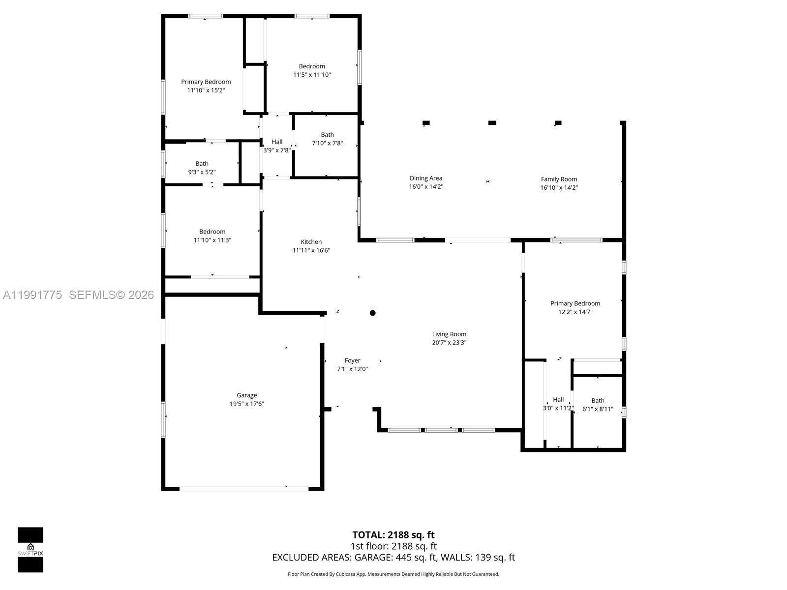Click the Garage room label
pyautogui.click(x=246, y=395)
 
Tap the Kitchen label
pyautogui.click(x=311, y=242)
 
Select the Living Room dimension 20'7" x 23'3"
pyautogui.click(x=449, y=343)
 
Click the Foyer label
pyautogui.click(x=352, y=361)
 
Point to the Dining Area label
pyautogui.click(x=425, y=178)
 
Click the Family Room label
pyautogui.click(x=559, y=179)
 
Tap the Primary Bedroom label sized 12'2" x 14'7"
pyautogui.click(x=575, y=304)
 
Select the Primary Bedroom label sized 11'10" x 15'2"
pyautogui.click(x=206, y=82)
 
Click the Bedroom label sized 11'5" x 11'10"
pyautogui.click(x=312, y=66)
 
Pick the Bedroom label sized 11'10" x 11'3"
pyautogui.click(x=212, y=232)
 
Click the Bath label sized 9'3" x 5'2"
pyautogui.click(x=202, y=164)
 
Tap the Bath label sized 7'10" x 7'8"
pyautogui.click(x=327, y=135)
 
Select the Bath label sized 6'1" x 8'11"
pyautogui.click(x=598, y=401)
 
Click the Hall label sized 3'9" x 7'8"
pyautogui.click(x=277, y=142)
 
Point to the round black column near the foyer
pyautogui.click(x=372, y=313)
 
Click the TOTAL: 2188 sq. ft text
pyautogui.click(x=393, y=535)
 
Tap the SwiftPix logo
pyautogui.click(x=30, y=550)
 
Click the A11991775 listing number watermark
pyautogui.click(x=32, y=295)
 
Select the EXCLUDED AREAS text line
pyautogui.click(x=393, y=558)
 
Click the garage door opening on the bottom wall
pyautogui.click(x=244, y=489)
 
